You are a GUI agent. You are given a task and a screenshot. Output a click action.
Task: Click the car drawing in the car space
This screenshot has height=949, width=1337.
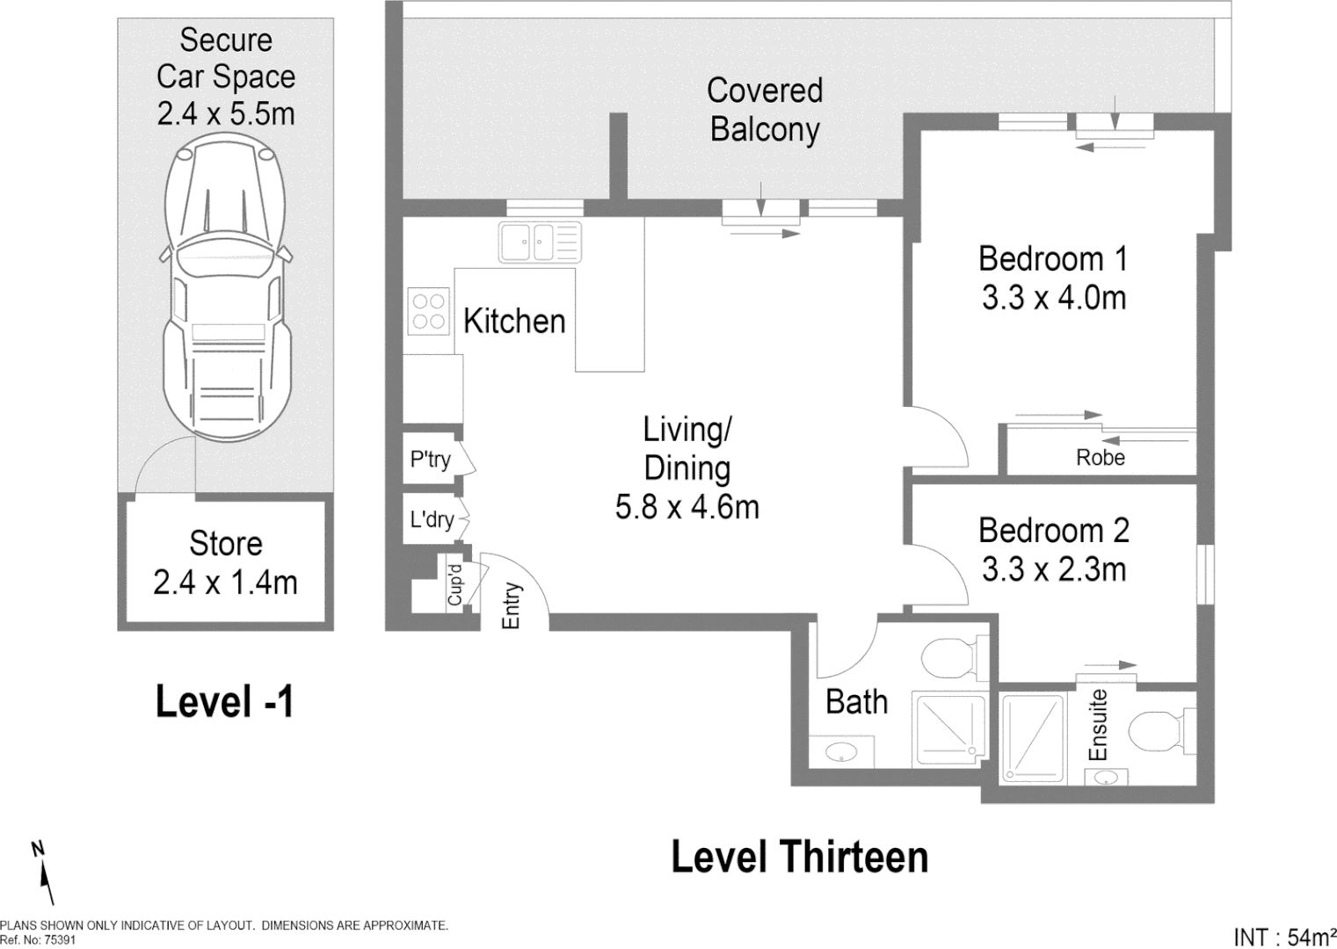click(x=225, y=290)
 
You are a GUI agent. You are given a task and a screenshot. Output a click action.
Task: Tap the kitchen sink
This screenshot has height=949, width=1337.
click(x=539, y=242)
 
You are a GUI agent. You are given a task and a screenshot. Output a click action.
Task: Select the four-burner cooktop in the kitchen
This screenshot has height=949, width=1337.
click(x=428, y=312)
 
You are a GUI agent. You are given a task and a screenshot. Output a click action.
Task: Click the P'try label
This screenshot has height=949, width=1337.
click(x=430, y=459)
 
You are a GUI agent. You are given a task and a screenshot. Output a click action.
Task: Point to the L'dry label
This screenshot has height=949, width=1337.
click(x=432, y=519)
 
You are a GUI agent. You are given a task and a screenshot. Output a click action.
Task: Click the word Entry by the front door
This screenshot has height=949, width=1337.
click(x=511, y=605)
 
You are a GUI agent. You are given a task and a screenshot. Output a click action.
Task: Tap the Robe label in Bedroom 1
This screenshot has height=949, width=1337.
click(x=1100, y=458)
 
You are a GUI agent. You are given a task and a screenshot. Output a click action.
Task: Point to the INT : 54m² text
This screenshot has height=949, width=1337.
click(x=1284, y=937)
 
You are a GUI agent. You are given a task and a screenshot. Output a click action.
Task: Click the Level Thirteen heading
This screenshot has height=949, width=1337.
click(x=799, y=857)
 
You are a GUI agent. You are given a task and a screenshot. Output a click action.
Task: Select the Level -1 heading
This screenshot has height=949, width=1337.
click(x=225, y=702)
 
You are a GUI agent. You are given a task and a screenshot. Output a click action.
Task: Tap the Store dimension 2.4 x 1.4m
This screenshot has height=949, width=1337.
click(x=225, y=582)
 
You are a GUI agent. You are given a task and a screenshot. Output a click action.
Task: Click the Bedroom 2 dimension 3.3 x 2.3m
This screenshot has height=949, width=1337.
click(x=1054, y=569)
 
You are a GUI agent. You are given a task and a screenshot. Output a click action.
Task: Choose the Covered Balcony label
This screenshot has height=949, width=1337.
click(x=764, y=110)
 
